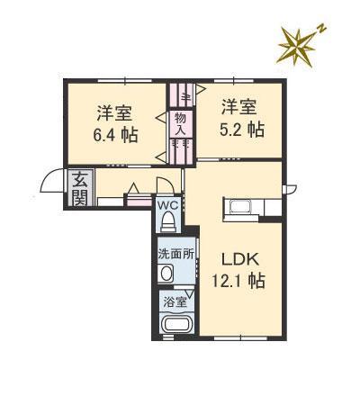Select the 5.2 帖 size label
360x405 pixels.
click(243, 129)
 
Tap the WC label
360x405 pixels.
click(168, 205)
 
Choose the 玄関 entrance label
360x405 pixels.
click(80, 190)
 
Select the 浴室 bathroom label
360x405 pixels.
click(172, 302)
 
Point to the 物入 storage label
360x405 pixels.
click(180, 124)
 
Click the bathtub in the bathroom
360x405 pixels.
click(175, 327)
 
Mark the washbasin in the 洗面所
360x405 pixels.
click(166, 274)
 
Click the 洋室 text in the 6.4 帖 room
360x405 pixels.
click(114, 114)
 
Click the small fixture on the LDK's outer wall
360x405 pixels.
click(290, 188)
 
